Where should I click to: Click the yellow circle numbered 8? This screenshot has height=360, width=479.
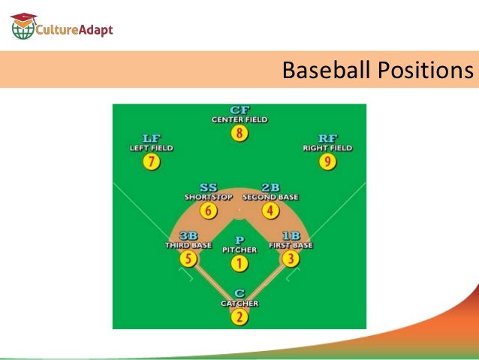(x=239, y=135)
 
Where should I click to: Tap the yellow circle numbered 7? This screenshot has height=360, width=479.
(x=152, y=162)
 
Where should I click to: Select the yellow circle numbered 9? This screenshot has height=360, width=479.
(x=327, y=162)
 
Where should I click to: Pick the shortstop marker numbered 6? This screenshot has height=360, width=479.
(x=209, y=211)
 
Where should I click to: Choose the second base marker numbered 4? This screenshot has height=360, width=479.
(x=270, y=211)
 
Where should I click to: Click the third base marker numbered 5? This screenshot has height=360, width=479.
(x=188, y=260)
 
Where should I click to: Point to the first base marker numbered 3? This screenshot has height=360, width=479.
(x=291, y=260)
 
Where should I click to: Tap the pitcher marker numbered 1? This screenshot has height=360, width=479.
(x=239, y=264)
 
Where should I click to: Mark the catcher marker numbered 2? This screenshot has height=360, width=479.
(x=239, y=317)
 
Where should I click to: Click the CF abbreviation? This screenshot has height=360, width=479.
(x=239, y=110)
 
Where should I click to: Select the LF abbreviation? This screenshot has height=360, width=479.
(x=152, y=138)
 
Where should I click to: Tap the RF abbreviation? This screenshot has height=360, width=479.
(x=327, y=138)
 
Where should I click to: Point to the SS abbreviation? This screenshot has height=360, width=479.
(x=209, y=187)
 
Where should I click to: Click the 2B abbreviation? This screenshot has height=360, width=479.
(x=270, y=187)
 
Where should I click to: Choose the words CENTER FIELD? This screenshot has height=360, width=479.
(x=239, y=119)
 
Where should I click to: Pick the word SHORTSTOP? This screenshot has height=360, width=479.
(x=209, y=197)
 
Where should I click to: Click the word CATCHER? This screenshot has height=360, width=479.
(x=239, y=304)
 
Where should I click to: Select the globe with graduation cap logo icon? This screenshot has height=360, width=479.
(x=23, y=27)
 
